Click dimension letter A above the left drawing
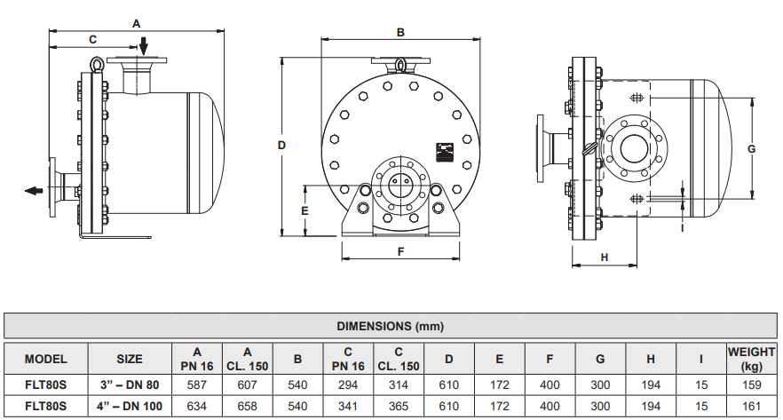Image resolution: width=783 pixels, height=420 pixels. tap(136, 22)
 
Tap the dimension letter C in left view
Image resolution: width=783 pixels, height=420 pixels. tap(92, 39)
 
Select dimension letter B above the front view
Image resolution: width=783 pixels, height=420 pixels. tap(400, 32)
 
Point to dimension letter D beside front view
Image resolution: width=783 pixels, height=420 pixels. tap(281, 145)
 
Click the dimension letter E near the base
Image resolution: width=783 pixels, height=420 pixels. tap(304, 210)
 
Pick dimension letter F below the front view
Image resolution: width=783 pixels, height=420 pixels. tap(400, 251)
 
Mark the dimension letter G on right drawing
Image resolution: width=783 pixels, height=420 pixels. tap(750, 148)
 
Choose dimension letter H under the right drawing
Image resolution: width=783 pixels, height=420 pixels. tap(604, 257)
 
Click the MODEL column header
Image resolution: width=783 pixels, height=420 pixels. tap(46, 360)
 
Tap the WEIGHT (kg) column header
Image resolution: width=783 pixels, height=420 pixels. tap(751, 359)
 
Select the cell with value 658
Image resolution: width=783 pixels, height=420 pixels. tap(248, 406)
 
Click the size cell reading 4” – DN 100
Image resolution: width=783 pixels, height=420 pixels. tap(130, 406)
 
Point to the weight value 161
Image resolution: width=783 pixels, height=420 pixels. tap(751, 406)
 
